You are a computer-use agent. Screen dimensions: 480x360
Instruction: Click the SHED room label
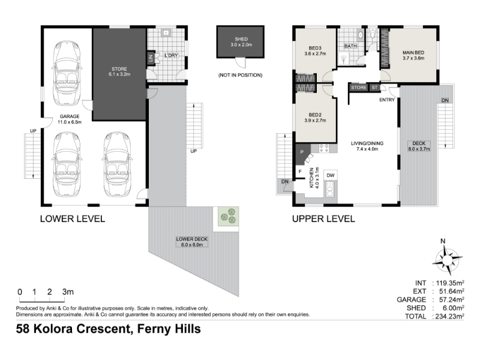coord(241,39)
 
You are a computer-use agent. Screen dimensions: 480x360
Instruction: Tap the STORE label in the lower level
coord(119,69)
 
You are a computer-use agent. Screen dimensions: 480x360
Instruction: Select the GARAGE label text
coord(70,116)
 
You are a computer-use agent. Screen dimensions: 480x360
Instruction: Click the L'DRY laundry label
coord(171,55)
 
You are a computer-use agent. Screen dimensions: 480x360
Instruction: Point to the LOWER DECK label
coord(191,239)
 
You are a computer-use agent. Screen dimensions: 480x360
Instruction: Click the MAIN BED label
coord(413,53)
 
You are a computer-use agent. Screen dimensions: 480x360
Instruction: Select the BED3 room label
coord(315,48)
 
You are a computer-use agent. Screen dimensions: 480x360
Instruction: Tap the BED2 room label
coord(315,115)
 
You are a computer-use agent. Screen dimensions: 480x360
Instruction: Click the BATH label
coord(350,46)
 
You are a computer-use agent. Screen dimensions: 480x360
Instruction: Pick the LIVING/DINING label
coord(367,143)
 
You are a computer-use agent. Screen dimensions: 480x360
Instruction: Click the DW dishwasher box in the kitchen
coord(331,175)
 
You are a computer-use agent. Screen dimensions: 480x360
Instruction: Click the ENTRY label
coord(387,100)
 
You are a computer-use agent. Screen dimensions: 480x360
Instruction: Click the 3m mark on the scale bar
coord(68,292)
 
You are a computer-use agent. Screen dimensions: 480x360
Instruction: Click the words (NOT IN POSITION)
coord(241,75)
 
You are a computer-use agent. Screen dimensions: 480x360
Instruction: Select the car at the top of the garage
coord(67,73)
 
